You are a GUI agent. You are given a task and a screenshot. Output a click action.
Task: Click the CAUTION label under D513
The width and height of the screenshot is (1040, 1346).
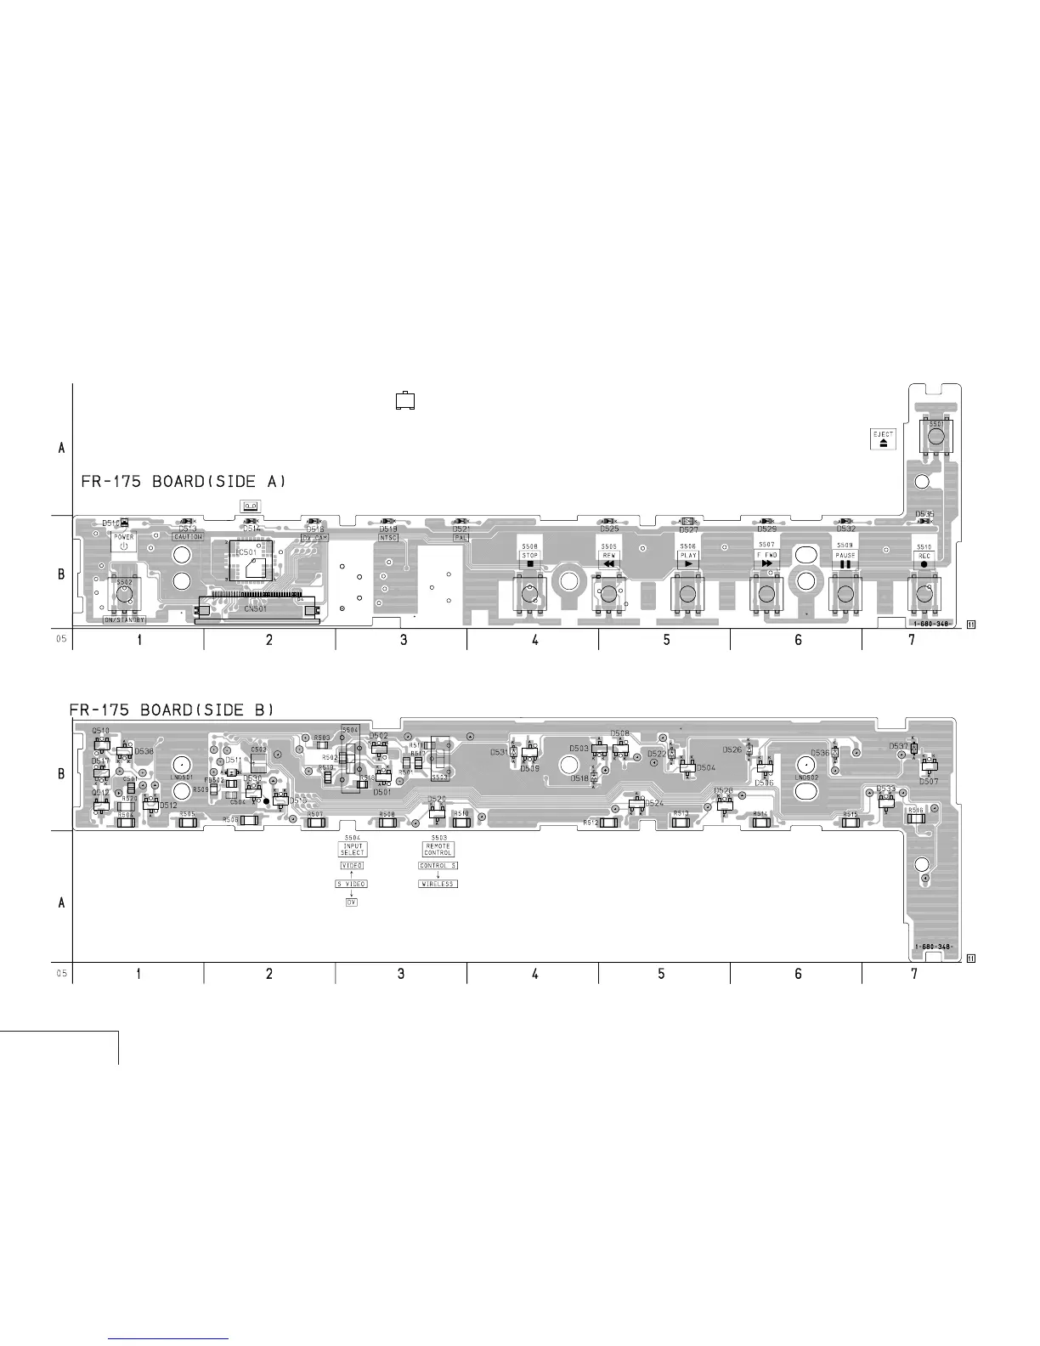click(188, 537)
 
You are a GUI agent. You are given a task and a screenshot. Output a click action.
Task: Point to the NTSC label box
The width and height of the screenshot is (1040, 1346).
click(388, 537)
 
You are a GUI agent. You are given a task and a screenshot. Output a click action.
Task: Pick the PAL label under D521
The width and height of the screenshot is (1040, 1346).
click(461, 537)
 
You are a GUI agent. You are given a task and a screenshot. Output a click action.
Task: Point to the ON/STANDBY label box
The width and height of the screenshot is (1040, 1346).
click(125, 619)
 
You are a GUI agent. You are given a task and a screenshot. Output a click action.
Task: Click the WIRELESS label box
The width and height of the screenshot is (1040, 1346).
click(438, 884)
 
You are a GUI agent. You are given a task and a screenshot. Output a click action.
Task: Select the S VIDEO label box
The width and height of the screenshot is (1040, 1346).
click(351, 884)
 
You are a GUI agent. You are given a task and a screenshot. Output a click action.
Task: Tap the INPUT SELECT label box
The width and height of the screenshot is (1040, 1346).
click(353, 849)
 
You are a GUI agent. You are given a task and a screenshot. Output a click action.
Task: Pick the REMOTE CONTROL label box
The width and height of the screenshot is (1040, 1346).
click(438, 849)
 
